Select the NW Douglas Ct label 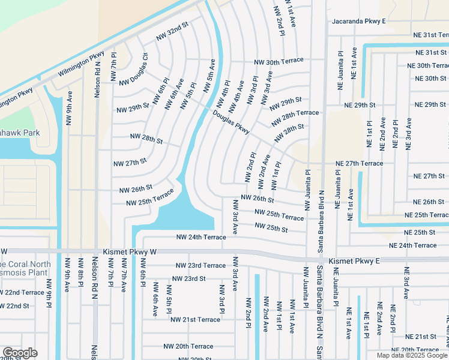coord(133,70)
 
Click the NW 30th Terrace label coord(279,61)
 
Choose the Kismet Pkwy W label coord(129,253)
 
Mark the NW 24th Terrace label coord(200,238)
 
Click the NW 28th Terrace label coord(295,118)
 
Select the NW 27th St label coord(130,162)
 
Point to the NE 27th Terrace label coord(359,163)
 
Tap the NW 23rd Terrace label coord(200,265)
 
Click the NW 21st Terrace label coord(195,320)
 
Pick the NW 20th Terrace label coord(188,346)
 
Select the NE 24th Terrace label coord(412,245)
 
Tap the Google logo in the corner coord(20,352)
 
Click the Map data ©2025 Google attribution coord(411,355)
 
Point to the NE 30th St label coord(427,79)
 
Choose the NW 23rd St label coord(188,278)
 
